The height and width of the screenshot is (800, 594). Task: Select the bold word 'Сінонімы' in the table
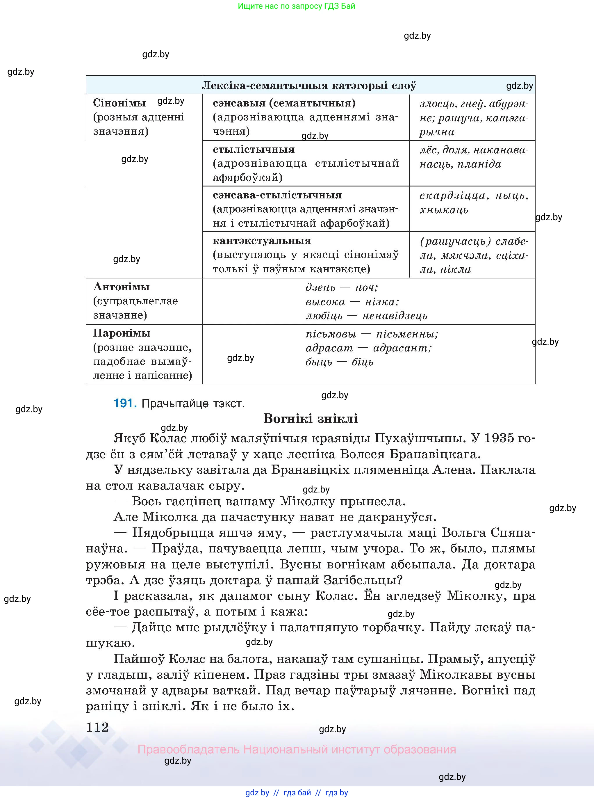119,103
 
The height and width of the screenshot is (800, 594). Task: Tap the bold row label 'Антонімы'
121,287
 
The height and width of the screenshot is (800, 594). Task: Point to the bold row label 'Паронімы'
122,333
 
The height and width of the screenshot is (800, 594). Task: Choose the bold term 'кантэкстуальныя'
262,241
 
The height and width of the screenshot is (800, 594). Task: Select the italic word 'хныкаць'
444,210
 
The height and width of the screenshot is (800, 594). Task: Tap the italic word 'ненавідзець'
395,316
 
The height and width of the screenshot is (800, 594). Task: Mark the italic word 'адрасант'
402,348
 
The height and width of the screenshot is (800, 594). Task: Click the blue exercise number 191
125,403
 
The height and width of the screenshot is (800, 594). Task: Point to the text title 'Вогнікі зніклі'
310,419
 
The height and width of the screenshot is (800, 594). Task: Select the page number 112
97,727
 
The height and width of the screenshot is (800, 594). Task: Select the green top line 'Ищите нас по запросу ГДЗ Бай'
296,6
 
